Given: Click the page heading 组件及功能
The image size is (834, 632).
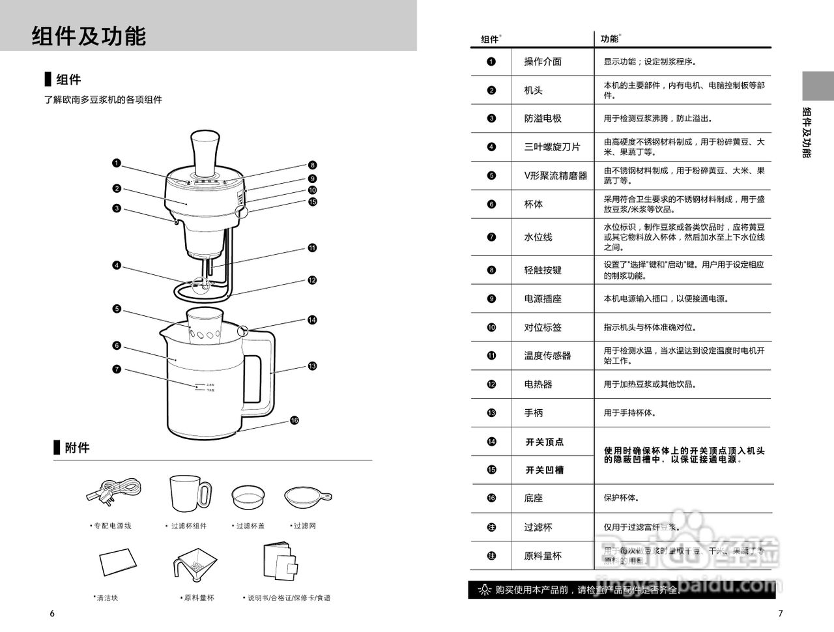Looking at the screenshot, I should pos(89,36).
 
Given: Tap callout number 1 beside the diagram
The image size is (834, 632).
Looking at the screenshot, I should pos(116,162).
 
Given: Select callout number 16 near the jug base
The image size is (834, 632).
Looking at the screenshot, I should pos(295,420).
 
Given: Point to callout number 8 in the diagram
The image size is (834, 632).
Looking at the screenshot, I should pos(312,165).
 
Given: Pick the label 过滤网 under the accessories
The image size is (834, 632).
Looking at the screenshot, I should pos(304,526).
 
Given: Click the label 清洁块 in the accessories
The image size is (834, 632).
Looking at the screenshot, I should pos(107,597).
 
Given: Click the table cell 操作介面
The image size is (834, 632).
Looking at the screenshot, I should pos(543,62).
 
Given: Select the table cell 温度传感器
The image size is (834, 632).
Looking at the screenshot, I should pos(547,356).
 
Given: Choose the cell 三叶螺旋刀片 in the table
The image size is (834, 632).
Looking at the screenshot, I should pos(551,147).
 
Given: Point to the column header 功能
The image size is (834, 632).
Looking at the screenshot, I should pos(609,39).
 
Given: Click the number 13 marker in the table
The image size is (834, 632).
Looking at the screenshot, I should pos(491,413).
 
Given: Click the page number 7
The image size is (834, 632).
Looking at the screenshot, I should pos(781,613).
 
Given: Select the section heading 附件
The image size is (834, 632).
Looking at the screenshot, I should pos(77,448).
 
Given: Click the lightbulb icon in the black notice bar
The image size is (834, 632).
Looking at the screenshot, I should pos(484,590).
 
